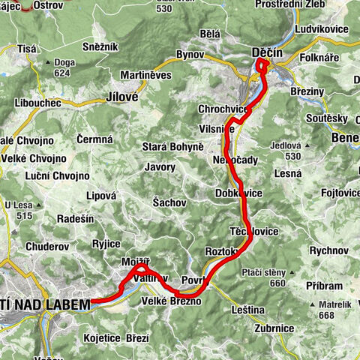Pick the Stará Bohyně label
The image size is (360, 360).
coord(172,146)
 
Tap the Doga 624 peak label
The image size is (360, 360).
coord(62,67)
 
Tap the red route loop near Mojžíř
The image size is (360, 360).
coord(142,268)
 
